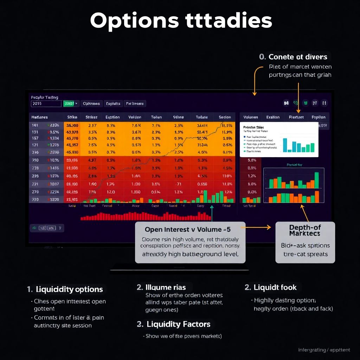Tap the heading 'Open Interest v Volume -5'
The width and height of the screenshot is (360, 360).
188,230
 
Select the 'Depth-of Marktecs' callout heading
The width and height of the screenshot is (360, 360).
304,230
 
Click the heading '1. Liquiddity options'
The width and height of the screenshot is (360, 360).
65,289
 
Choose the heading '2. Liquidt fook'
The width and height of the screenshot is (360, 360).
271,288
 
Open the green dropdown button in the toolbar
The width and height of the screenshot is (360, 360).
71,104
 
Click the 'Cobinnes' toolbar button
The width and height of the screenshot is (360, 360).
92,104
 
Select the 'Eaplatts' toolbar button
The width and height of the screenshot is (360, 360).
113,104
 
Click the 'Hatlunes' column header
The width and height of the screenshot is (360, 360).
39,117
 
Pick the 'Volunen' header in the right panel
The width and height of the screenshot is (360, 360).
250,117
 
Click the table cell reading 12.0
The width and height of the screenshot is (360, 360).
111,192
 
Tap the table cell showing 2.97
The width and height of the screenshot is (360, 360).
92,126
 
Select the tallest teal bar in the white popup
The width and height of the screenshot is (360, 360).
285,144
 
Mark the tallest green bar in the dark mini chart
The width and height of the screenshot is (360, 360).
317,180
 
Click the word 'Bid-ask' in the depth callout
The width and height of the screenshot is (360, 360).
292,245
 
